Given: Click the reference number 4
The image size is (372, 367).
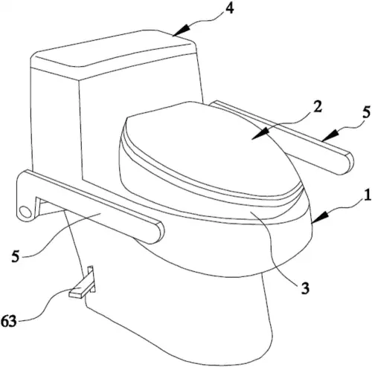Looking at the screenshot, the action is (x=229, y=10).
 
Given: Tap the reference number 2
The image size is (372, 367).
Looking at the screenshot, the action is (x=317, y=106).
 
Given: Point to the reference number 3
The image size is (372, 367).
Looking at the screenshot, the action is (x=305, y=288).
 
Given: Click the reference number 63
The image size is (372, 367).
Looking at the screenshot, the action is (x=9, y=321).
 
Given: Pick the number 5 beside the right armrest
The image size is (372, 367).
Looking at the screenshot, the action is (x=365, y=112).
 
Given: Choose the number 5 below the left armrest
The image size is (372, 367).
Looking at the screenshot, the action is (x=16, y=256).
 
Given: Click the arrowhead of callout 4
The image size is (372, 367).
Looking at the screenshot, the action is (x=181, y=30).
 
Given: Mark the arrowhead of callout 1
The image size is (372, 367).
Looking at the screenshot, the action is (x=321, y=218).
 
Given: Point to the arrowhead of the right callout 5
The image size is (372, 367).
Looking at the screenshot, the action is (x=330, y=135).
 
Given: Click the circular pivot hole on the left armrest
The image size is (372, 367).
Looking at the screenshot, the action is (x=25, y=212).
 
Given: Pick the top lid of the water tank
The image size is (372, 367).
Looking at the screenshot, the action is (x=113, y=53).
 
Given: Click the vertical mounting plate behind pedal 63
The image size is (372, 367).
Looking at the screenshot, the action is (x=91, y=279).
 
